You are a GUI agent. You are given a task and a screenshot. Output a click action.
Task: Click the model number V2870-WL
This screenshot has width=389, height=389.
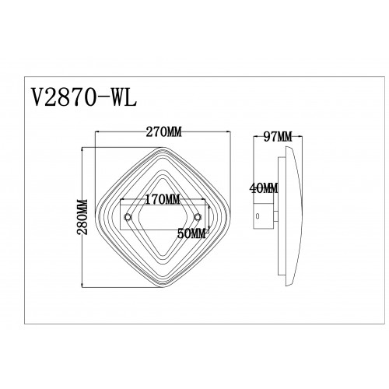(x=83, y=97)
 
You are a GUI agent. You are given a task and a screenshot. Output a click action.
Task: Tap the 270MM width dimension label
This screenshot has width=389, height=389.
(x=163, y=132)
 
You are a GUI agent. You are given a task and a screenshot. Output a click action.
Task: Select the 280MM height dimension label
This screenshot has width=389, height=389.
(x=82, y=217)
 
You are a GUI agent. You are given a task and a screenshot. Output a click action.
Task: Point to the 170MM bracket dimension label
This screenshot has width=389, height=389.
(x=163, y=200)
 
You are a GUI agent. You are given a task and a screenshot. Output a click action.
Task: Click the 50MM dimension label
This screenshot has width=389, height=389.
(x=191, y=234)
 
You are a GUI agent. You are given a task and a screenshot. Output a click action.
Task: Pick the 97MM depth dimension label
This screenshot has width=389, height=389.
(x=278, y=137)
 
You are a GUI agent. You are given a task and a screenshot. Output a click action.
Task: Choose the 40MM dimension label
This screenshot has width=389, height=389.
(x=264, y=188)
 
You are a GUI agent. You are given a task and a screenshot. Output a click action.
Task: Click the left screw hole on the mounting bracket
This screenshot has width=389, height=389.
(x=128, y=217)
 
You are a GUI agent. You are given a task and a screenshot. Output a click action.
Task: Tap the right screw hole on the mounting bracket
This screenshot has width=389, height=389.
(x=198, y=217)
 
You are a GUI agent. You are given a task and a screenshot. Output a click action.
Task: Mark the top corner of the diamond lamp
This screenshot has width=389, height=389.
(x=163, y=147)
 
